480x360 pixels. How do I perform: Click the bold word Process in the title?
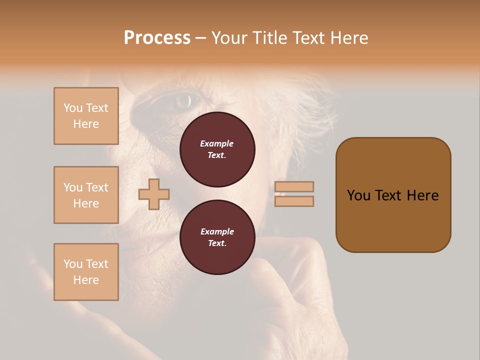point(157,38)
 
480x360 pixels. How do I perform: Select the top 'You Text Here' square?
point(86,116)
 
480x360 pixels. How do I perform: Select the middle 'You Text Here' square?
point(86,195)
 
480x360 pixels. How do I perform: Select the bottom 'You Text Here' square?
point(86,272)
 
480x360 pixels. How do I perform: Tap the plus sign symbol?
point(154,194)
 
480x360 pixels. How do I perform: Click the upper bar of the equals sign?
point(294,186)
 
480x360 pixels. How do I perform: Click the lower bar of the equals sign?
point(294,201)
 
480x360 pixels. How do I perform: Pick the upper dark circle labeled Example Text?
point(217,149)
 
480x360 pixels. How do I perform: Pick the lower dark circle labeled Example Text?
point(217,237)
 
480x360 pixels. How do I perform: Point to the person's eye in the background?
point(183,101)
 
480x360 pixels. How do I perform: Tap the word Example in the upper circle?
point(217,143)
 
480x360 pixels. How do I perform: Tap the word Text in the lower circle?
point(217,243)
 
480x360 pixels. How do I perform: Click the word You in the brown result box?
point(358,195)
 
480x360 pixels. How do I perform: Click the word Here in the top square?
point(86,124)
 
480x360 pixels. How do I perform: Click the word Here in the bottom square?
point(86,280)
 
